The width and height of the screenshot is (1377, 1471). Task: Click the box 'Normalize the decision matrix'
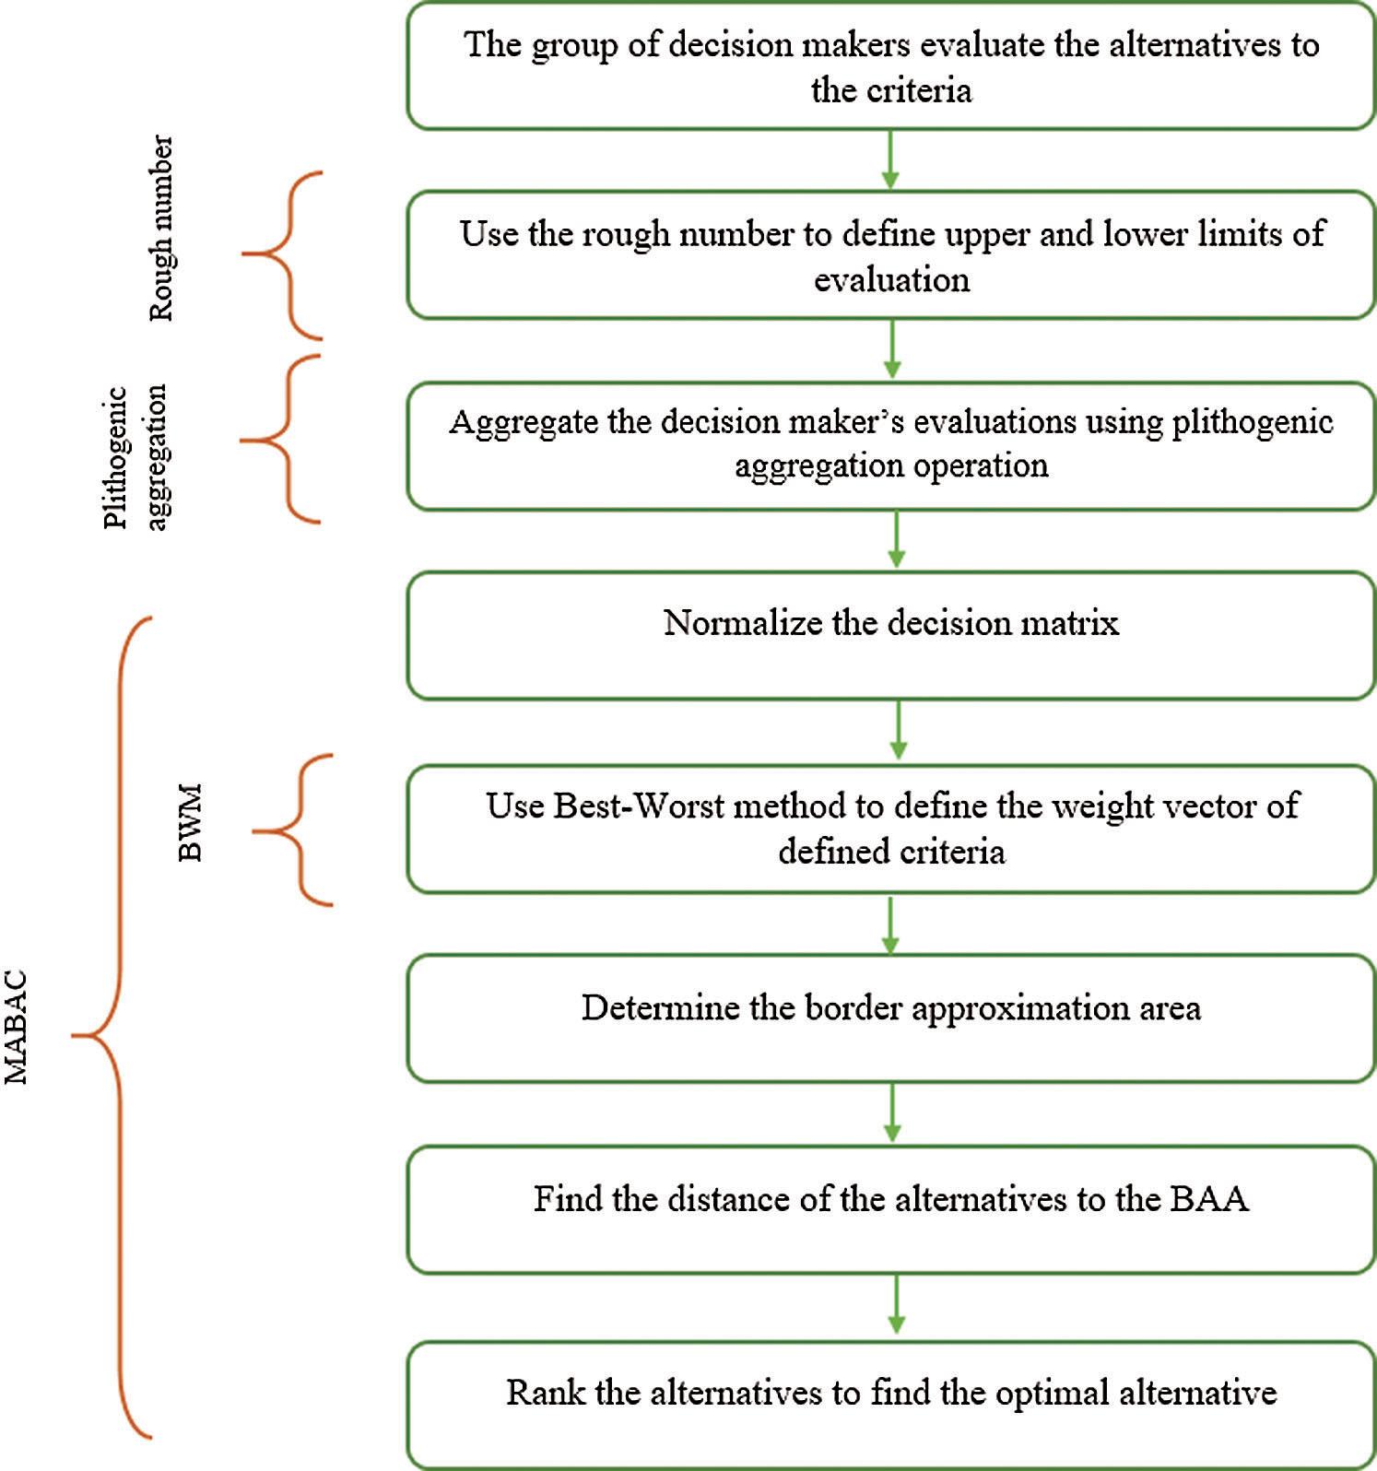[891, 636]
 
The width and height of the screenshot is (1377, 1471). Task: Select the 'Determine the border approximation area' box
[891, 1018]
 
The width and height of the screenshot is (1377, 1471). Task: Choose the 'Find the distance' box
[891, 1210]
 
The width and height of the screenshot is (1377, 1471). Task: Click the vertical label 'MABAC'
[17, 1027]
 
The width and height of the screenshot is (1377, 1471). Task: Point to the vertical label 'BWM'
[190, 822]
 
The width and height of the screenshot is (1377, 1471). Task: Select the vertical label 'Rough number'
[160, 228]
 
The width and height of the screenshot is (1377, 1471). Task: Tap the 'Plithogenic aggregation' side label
[136, 456]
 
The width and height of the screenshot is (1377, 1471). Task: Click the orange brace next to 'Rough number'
[283, 254]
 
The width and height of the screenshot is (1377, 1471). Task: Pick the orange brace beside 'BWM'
[292, 830]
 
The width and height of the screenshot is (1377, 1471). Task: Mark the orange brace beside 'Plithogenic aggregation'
[280, 440]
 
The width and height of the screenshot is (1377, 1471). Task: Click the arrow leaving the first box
[890, 159]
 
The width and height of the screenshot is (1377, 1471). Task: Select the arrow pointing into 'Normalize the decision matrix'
[895, 540]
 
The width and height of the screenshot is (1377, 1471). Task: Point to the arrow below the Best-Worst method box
[890, 924]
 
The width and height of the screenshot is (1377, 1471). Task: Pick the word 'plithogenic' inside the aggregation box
[1253, 422]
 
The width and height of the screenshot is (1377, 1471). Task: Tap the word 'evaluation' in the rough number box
[891, 279]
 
